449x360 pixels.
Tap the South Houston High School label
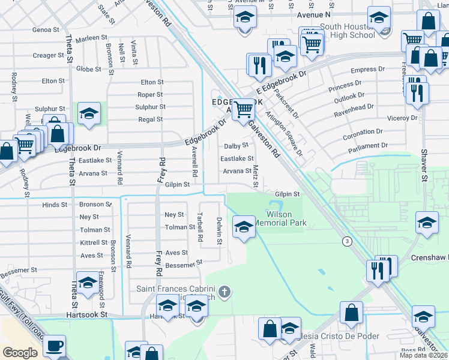(x=348, y=31)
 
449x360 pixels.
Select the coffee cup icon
(x=55, y=347)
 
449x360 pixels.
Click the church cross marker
(x=224, y=292)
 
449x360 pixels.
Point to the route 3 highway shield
(x=346, y=241)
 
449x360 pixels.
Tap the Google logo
(x=20, y=353)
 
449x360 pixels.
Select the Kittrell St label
(x=93, y=242)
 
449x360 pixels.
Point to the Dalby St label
(x=236, y=146)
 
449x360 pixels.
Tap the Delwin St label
(x=220, y=231)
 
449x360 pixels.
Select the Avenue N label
(x=313, y=14)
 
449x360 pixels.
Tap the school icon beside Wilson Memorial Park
(x=244, y=227)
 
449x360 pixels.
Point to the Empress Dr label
(x=364, y=70)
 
